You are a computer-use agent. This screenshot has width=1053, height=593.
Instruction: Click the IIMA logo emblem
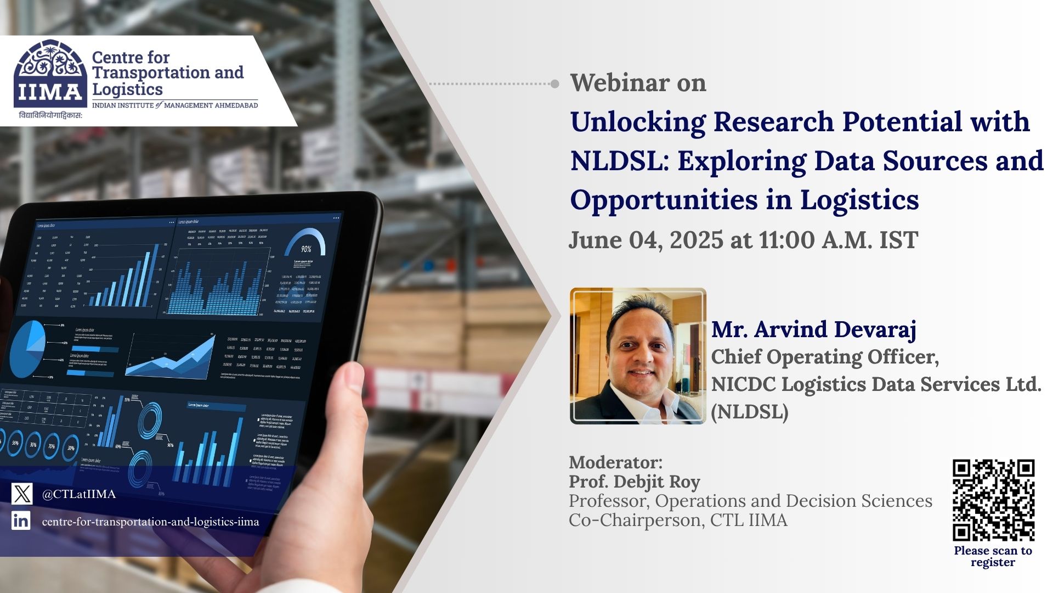50,73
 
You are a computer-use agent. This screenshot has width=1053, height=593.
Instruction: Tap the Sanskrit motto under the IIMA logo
50,115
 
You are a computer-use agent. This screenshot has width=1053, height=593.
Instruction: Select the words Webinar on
638,83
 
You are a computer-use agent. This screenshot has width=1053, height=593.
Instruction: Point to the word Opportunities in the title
661,200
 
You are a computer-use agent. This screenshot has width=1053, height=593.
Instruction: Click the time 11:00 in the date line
783,240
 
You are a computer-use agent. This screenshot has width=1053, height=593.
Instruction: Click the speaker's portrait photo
638,356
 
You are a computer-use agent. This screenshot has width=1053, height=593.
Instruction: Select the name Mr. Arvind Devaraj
813,329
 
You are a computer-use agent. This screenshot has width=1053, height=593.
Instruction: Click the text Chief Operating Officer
824,357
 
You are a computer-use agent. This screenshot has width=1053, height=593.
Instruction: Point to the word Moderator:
615,462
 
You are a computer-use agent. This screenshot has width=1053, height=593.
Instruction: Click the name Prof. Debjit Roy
634,482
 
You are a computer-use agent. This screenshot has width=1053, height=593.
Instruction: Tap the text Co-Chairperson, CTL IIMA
678,520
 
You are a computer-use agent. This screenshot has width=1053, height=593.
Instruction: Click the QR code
993,500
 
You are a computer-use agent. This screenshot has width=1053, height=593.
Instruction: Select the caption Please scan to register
993,556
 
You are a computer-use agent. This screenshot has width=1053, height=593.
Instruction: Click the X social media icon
22,494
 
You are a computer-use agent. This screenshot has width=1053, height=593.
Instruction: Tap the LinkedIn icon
21,520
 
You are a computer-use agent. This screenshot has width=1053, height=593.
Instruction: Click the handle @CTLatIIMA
79,494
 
